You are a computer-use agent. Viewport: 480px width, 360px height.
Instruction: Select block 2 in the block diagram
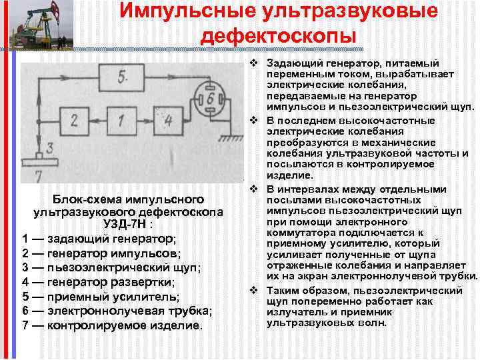(x=73, y=121)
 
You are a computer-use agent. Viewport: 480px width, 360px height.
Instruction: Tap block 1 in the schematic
(x=119, y=121)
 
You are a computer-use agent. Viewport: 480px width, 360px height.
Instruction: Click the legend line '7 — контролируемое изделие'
(x=111, y=325)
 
